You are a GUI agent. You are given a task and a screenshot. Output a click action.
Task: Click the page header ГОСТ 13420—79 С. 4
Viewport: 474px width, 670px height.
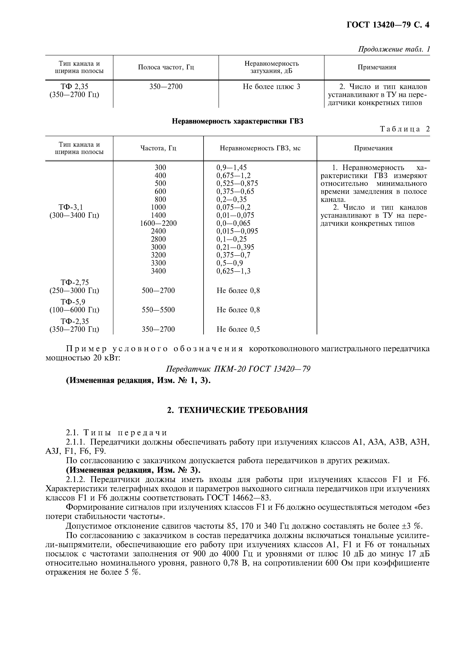tap(388, 25)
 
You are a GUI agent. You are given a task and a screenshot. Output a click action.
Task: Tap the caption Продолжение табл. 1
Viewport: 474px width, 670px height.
tap(394, 49)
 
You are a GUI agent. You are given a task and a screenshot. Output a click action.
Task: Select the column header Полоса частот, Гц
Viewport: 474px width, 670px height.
tap(166, 67)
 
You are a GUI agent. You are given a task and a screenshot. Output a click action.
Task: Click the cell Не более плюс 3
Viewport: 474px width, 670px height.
tap(271, 87)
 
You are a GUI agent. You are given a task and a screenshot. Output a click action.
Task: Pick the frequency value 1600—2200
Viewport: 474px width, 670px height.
tap(158, 223)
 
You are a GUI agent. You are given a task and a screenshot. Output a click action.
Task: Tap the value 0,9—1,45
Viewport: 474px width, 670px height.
tap(231, 167)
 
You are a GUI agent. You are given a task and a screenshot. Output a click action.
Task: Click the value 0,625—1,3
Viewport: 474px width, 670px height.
tap(233, 271)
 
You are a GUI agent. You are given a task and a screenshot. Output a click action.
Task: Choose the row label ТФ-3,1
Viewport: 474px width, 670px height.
tap(71, 207)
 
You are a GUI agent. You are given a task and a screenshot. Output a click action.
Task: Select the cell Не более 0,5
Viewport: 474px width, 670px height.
tap(238, 329)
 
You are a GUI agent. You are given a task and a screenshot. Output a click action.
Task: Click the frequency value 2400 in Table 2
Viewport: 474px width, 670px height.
tap(158, 231)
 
